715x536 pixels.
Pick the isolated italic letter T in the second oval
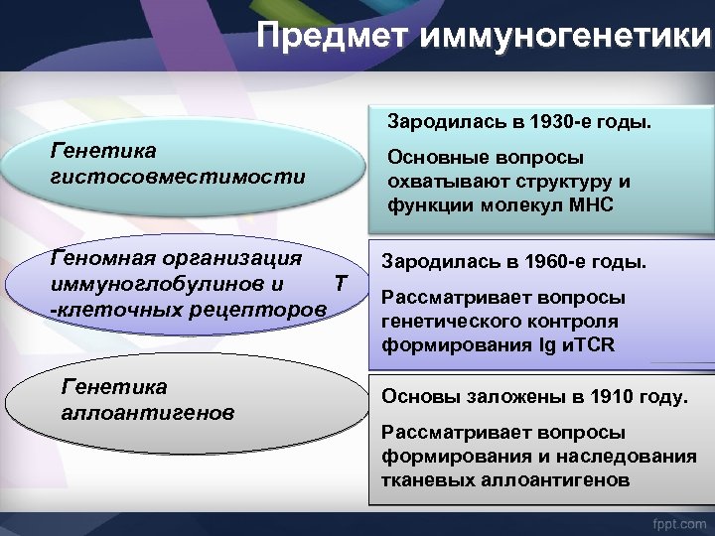(340, 284)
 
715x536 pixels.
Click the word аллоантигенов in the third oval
(148, 410)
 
